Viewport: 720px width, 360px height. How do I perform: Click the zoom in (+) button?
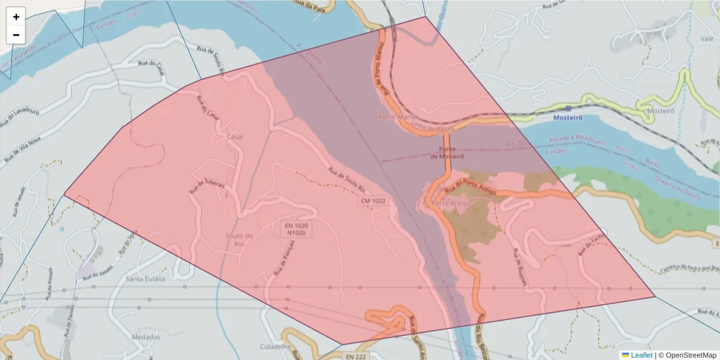(x=16, y=17)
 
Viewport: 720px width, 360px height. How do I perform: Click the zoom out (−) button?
(x=16, y=35)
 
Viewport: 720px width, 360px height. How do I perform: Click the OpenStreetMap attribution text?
(x=691, y=355)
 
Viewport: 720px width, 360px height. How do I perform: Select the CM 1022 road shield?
(x=372, y=202)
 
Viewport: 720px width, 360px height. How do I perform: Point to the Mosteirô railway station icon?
(x=568, y=109)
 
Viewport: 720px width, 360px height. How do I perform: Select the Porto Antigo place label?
(x=451, y=203)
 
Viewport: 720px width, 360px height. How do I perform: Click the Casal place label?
(x=235, y=137)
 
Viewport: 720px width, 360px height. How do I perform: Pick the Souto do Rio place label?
(x=239, y=239)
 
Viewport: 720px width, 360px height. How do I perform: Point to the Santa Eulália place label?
(x=145, y=279)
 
